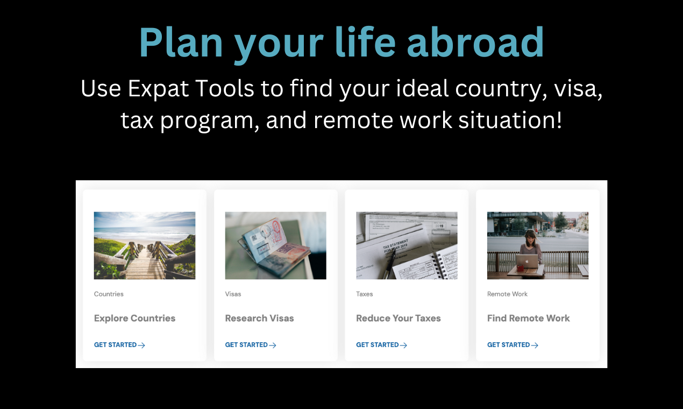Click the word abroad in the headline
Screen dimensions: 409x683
(475, 43)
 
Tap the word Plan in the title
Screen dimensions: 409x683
(181, 43)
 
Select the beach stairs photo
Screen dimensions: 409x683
(145, 245)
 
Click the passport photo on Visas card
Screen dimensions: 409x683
(275, 245)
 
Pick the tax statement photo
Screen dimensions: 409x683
(407, 245)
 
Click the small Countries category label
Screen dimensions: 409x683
(109, 294)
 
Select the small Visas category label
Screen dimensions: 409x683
(233, 294)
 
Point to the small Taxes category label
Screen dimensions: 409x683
(364, 294)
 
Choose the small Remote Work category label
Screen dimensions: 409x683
(507, 294)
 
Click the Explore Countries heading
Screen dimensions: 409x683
(134, 318)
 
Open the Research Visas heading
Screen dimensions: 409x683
(259, 318)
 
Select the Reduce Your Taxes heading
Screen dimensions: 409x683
(398, 318)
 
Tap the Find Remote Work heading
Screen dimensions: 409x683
(528, 318)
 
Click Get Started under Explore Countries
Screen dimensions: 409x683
(116, 345)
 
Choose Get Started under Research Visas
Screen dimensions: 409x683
(246, 345)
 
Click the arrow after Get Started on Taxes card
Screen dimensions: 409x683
(403, 345)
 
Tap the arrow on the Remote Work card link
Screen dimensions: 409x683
(535, 345)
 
